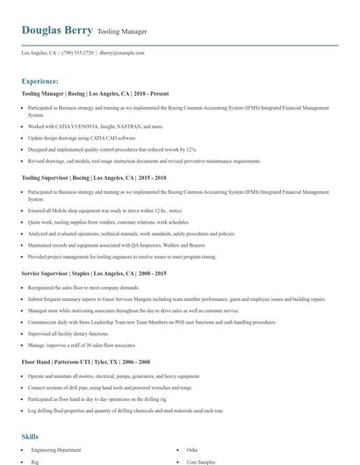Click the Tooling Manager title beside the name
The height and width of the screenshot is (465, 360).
[x=122, y=32]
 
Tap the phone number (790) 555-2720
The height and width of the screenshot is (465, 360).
[x=78, y=53]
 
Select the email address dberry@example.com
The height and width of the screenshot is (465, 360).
[x=122, y=53]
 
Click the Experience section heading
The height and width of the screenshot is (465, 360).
[x=40, y=81]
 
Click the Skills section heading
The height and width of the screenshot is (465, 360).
[x=30, y=436]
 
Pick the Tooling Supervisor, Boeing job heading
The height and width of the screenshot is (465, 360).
[x=85, y=177]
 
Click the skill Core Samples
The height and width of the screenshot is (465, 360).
[x=201, y=461]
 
